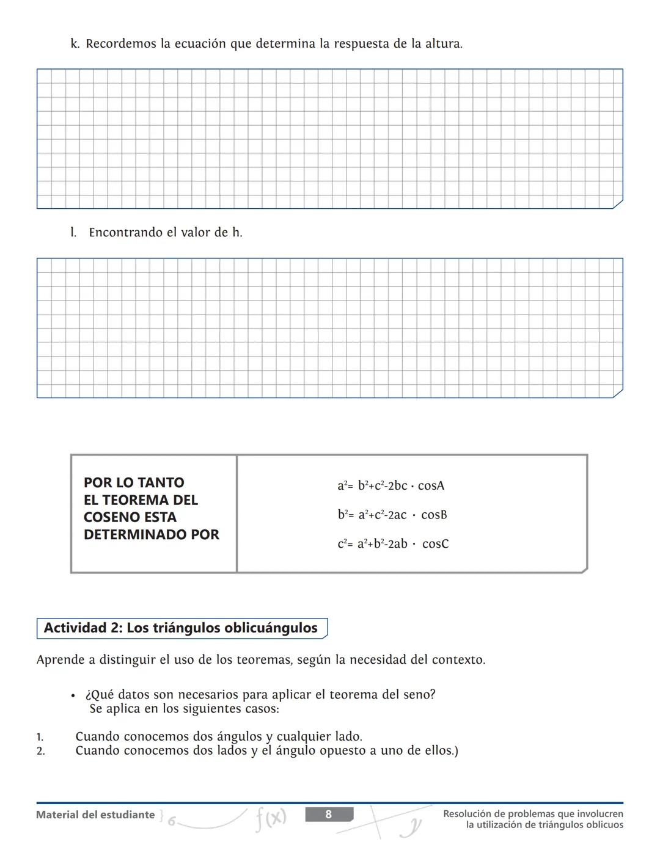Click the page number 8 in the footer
tap(329, 815)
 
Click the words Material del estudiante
tap(95, 815)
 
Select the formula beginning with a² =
tap(391, 486)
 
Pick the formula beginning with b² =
tap(392, 515)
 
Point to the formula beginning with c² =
tap(393, 543)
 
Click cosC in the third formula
tap(435, 543)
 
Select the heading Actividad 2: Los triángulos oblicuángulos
tap(181, 628)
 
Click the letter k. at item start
tap(75, 44)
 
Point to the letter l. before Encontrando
tap(73, 233)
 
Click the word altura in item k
tap(444, 44)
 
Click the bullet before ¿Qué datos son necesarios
tap(73, 695)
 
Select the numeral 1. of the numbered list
tap(40, 737)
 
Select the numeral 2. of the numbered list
tap(40, 751)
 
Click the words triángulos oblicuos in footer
tap(581, 825)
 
